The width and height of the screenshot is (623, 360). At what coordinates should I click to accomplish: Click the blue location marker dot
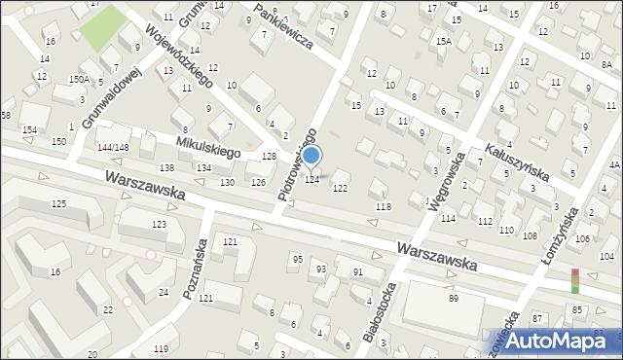(x=311, y=156)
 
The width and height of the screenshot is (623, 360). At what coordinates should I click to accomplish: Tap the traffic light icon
(x=574, y=280)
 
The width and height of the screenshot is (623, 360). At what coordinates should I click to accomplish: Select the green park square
(x=102, y=27)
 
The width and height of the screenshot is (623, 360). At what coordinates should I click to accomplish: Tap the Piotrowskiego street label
(x=298, y=163)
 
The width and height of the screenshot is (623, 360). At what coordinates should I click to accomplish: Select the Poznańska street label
(x=194, y=269)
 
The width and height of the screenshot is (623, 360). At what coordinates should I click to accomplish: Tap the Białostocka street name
(x=379, y=312)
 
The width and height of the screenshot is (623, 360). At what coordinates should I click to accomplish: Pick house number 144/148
(x=113, y=147)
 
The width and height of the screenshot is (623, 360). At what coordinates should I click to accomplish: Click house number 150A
(x=80, y=80)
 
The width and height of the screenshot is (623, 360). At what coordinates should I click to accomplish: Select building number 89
(x=454, y=298)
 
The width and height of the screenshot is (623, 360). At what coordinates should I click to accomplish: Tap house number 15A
(x=444, y=42)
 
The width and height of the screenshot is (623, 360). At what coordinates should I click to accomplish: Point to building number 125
(x=58, y=203)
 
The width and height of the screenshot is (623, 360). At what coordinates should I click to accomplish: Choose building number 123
(x=159, y=225)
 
